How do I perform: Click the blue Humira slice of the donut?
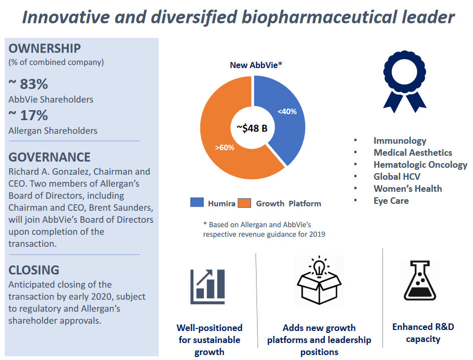click(287, 121)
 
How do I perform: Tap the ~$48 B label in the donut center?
click(252, 128)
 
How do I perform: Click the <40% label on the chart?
click(287, 112)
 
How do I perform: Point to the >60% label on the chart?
click(225, 147)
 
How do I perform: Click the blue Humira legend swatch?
click(197, 202)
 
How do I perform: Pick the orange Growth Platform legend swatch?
click(245, 203)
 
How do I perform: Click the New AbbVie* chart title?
click(256, 65)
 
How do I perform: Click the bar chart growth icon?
click(207, 287)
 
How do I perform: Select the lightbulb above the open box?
click(319, 266)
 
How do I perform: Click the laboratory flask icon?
click(419, 281)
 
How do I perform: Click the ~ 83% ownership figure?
click(28, 84)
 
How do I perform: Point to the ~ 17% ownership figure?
click(28, 115)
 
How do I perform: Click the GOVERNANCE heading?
click(50, 157)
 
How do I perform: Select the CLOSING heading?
click(34, 270)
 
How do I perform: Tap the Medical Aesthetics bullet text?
click(413, 153)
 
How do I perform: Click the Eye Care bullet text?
click(391, 201)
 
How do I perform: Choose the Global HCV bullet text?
click(397, 177)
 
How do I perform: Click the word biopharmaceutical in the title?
click(320, 17)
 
